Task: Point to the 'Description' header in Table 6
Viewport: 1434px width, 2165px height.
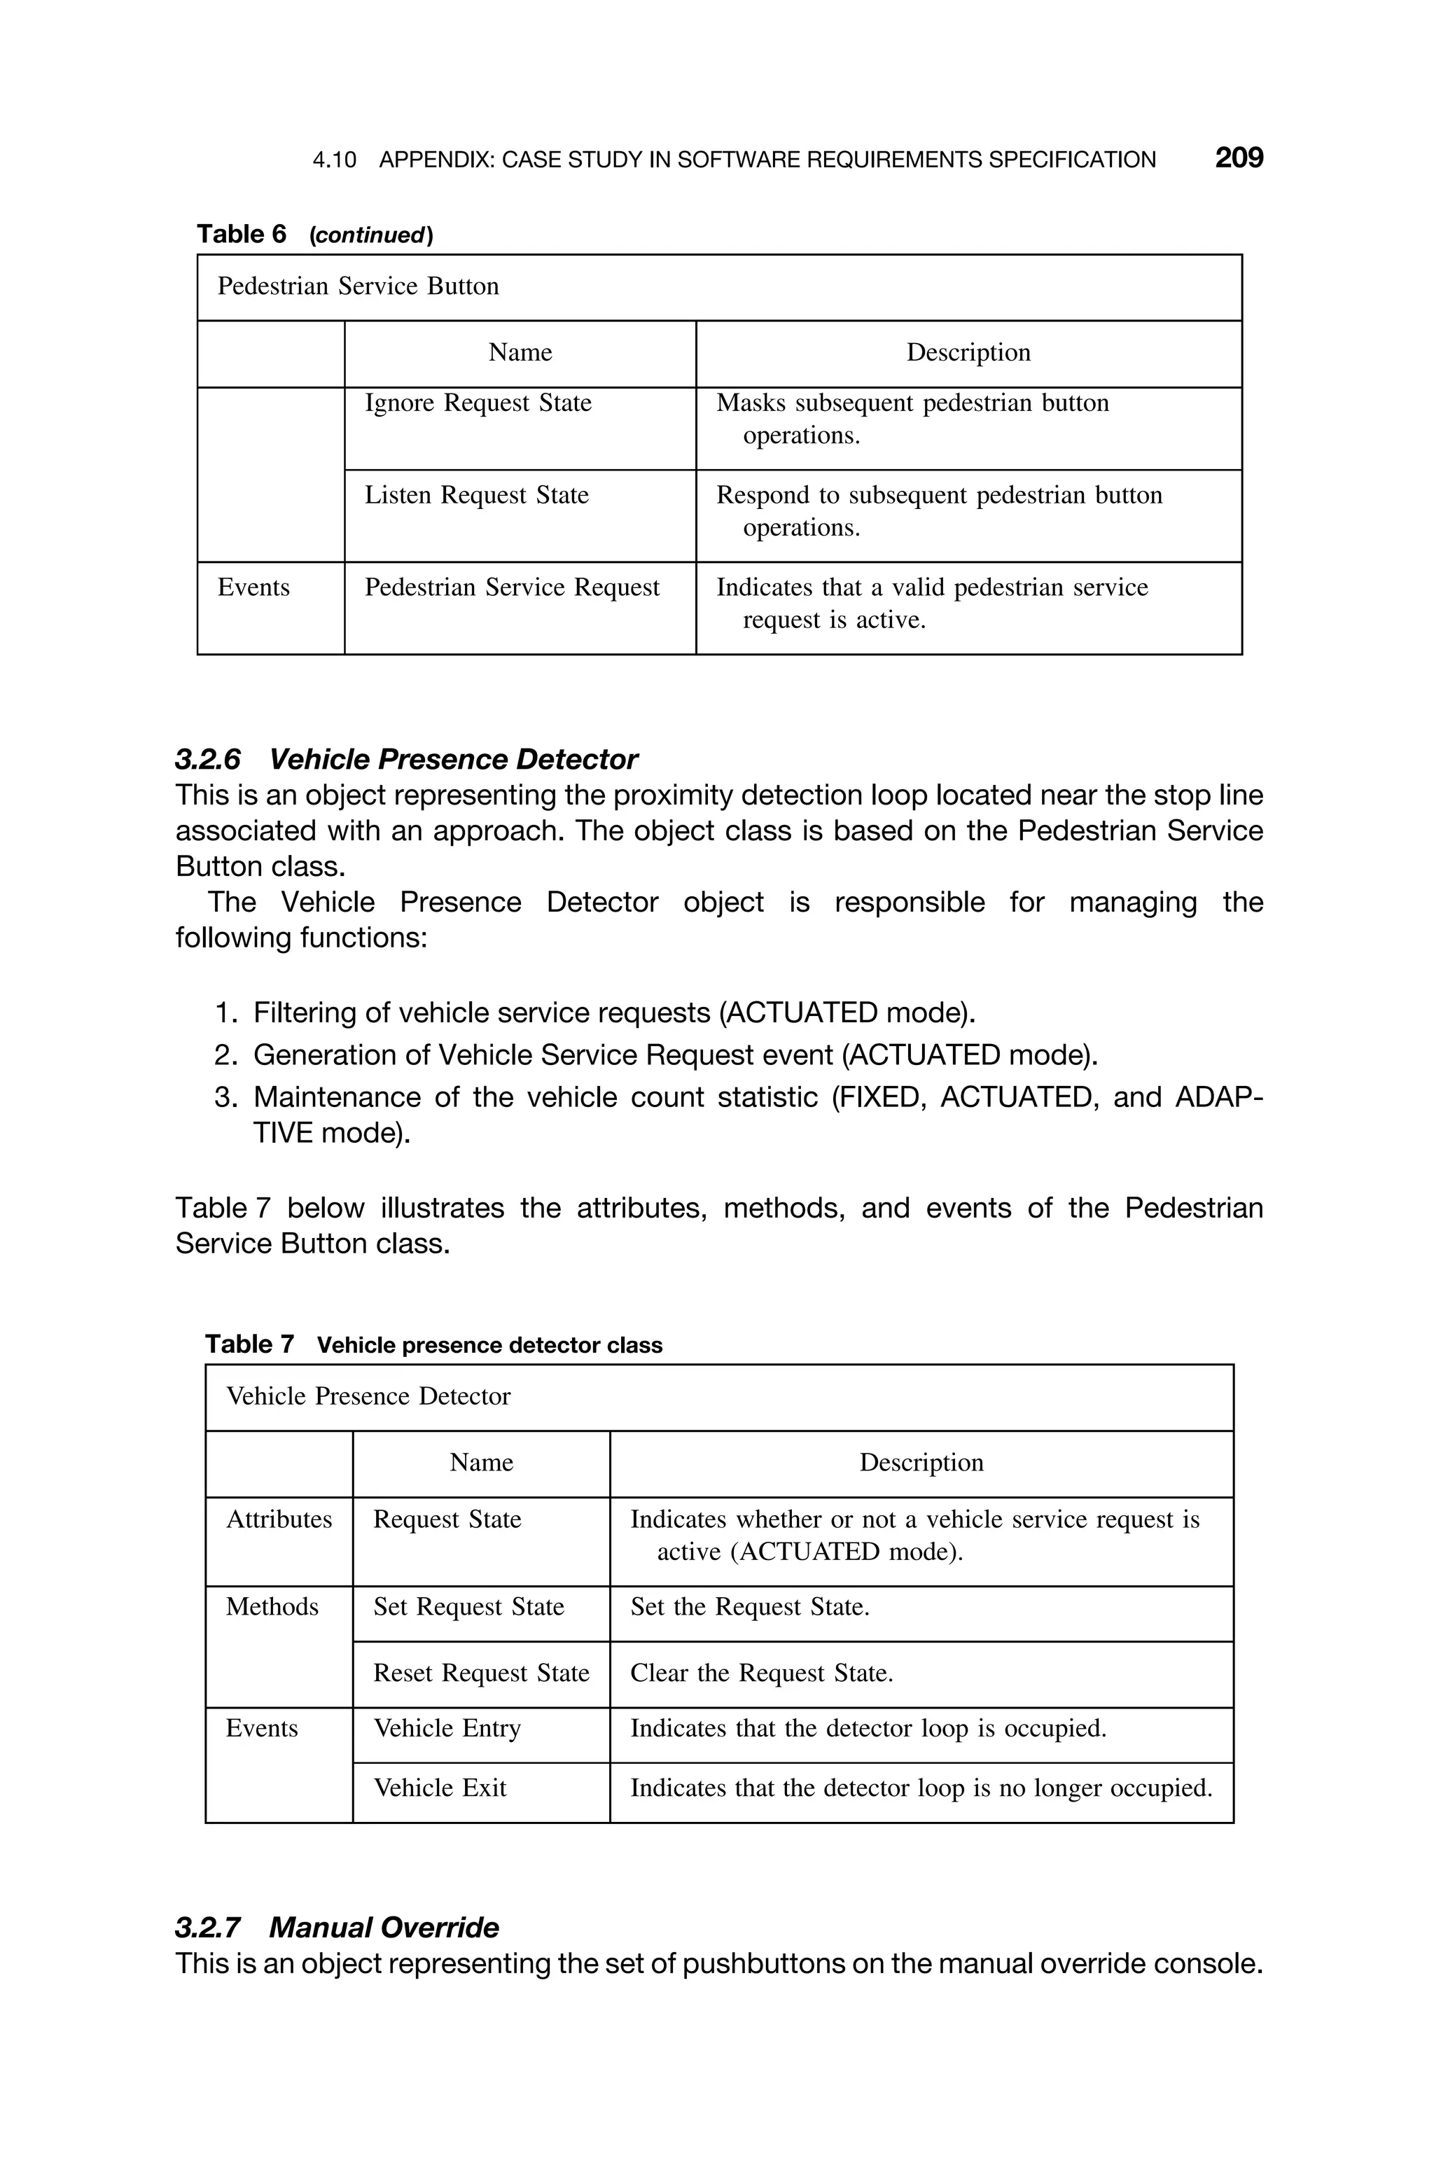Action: pyautogui.click(x=968, y=353)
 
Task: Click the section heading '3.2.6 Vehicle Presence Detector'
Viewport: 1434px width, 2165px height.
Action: pyautogui.click(x=406, y=759)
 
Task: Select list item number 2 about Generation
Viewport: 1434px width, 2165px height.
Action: pyautogui.click(x=655, y=1055)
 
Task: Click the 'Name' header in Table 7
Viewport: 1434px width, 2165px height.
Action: pyautogui.click(x=481, y=1463)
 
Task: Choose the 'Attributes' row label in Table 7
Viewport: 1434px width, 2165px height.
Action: pyautogui.click(x=279, y=1519)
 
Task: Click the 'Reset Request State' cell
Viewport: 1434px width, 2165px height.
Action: pyautogui.click(x=481, y=1673)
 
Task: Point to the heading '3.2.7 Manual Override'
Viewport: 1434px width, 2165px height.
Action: pyautogui.click(x=337, y=1928)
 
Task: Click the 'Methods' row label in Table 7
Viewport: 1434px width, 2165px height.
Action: pyautogui.click(x=272, y=1607)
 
